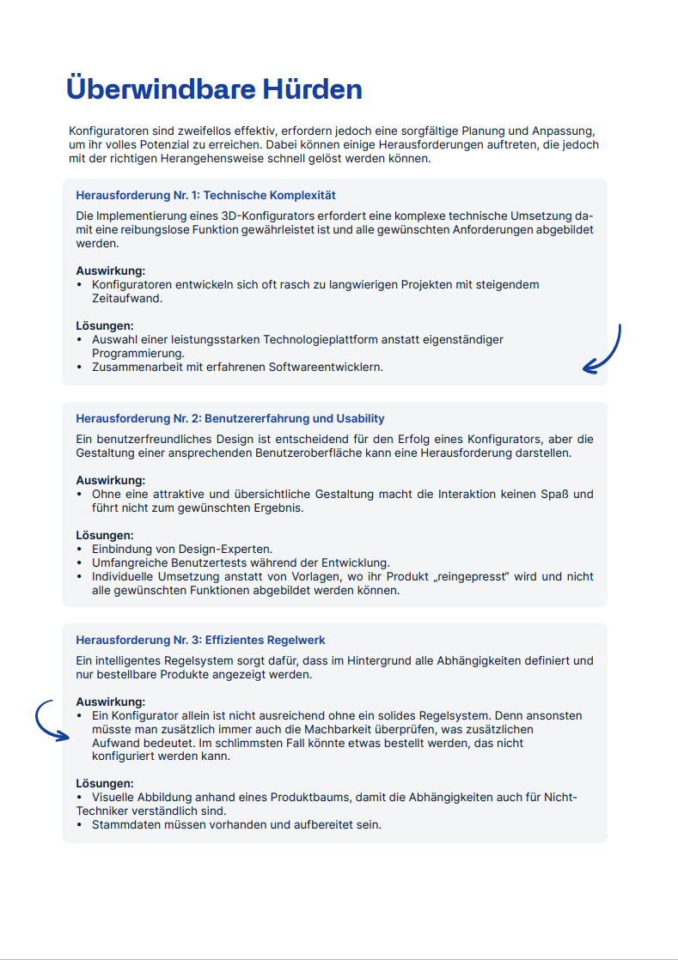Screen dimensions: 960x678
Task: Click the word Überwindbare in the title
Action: pos(149,88)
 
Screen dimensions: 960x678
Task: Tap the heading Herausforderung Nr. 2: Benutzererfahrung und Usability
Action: pos(230,418)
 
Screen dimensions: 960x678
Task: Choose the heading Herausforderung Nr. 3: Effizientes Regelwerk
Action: pos(200,640)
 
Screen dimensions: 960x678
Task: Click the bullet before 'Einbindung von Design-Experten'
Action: pos(80,549)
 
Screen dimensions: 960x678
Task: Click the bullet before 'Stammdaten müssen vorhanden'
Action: pos(80,824)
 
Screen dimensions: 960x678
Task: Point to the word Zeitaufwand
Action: pos(127,298)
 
